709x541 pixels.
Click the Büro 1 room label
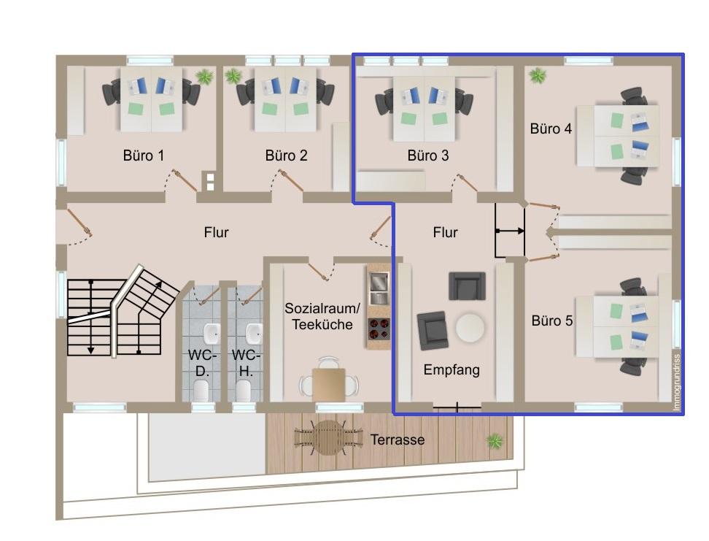pos(144,156)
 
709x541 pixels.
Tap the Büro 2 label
pos(286,156)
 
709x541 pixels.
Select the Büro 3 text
pos(428,156)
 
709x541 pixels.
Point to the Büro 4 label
pos(551,128)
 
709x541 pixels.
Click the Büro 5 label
pos(552,321)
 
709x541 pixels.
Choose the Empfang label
pos(452,370)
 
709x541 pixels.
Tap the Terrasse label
pos(398,440)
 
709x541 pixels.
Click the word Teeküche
pos(322,325)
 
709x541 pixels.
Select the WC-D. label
pos(202,363)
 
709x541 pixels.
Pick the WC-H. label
pos(246,363)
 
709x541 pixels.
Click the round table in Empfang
pos(470,327)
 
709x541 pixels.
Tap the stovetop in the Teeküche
pos(379,329)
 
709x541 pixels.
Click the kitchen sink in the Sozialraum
pos(379,288)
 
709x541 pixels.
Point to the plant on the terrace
pos(495,441)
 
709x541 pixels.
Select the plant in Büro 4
pos(537,75)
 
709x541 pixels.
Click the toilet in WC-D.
pos(201,390)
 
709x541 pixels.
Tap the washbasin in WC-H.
pos(254,334)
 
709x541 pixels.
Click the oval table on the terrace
pos(329,438)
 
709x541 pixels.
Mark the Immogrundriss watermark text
pos(676,383)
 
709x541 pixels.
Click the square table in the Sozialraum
pos(329,384)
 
